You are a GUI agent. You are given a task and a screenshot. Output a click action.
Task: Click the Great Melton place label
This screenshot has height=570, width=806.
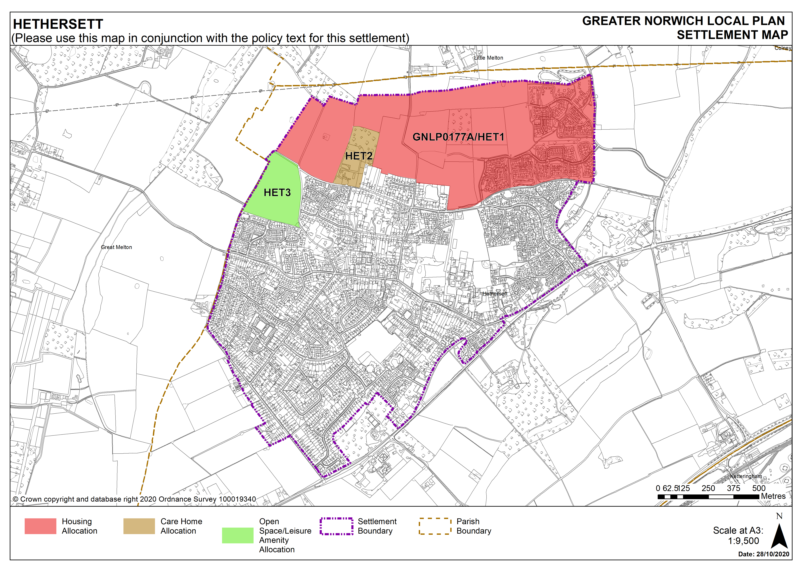116,247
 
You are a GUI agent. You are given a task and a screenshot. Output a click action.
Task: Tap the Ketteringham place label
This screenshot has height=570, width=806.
746,476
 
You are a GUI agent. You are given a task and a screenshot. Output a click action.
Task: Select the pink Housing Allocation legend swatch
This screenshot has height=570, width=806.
40,526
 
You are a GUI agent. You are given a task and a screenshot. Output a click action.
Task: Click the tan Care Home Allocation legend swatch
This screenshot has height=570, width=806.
139,526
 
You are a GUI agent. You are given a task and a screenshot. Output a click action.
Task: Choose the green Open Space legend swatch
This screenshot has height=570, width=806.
238,536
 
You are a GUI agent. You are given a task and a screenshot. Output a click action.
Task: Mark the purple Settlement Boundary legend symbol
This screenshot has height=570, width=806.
336,526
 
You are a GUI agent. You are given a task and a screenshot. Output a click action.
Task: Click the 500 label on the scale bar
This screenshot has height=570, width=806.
759,488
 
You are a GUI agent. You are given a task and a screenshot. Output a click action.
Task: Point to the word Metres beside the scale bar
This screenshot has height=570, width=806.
773,496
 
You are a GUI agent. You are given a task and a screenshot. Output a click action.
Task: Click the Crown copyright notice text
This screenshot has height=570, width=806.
134,499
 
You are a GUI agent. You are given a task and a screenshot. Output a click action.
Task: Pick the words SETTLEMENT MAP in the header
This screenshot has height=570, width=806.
732,35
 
